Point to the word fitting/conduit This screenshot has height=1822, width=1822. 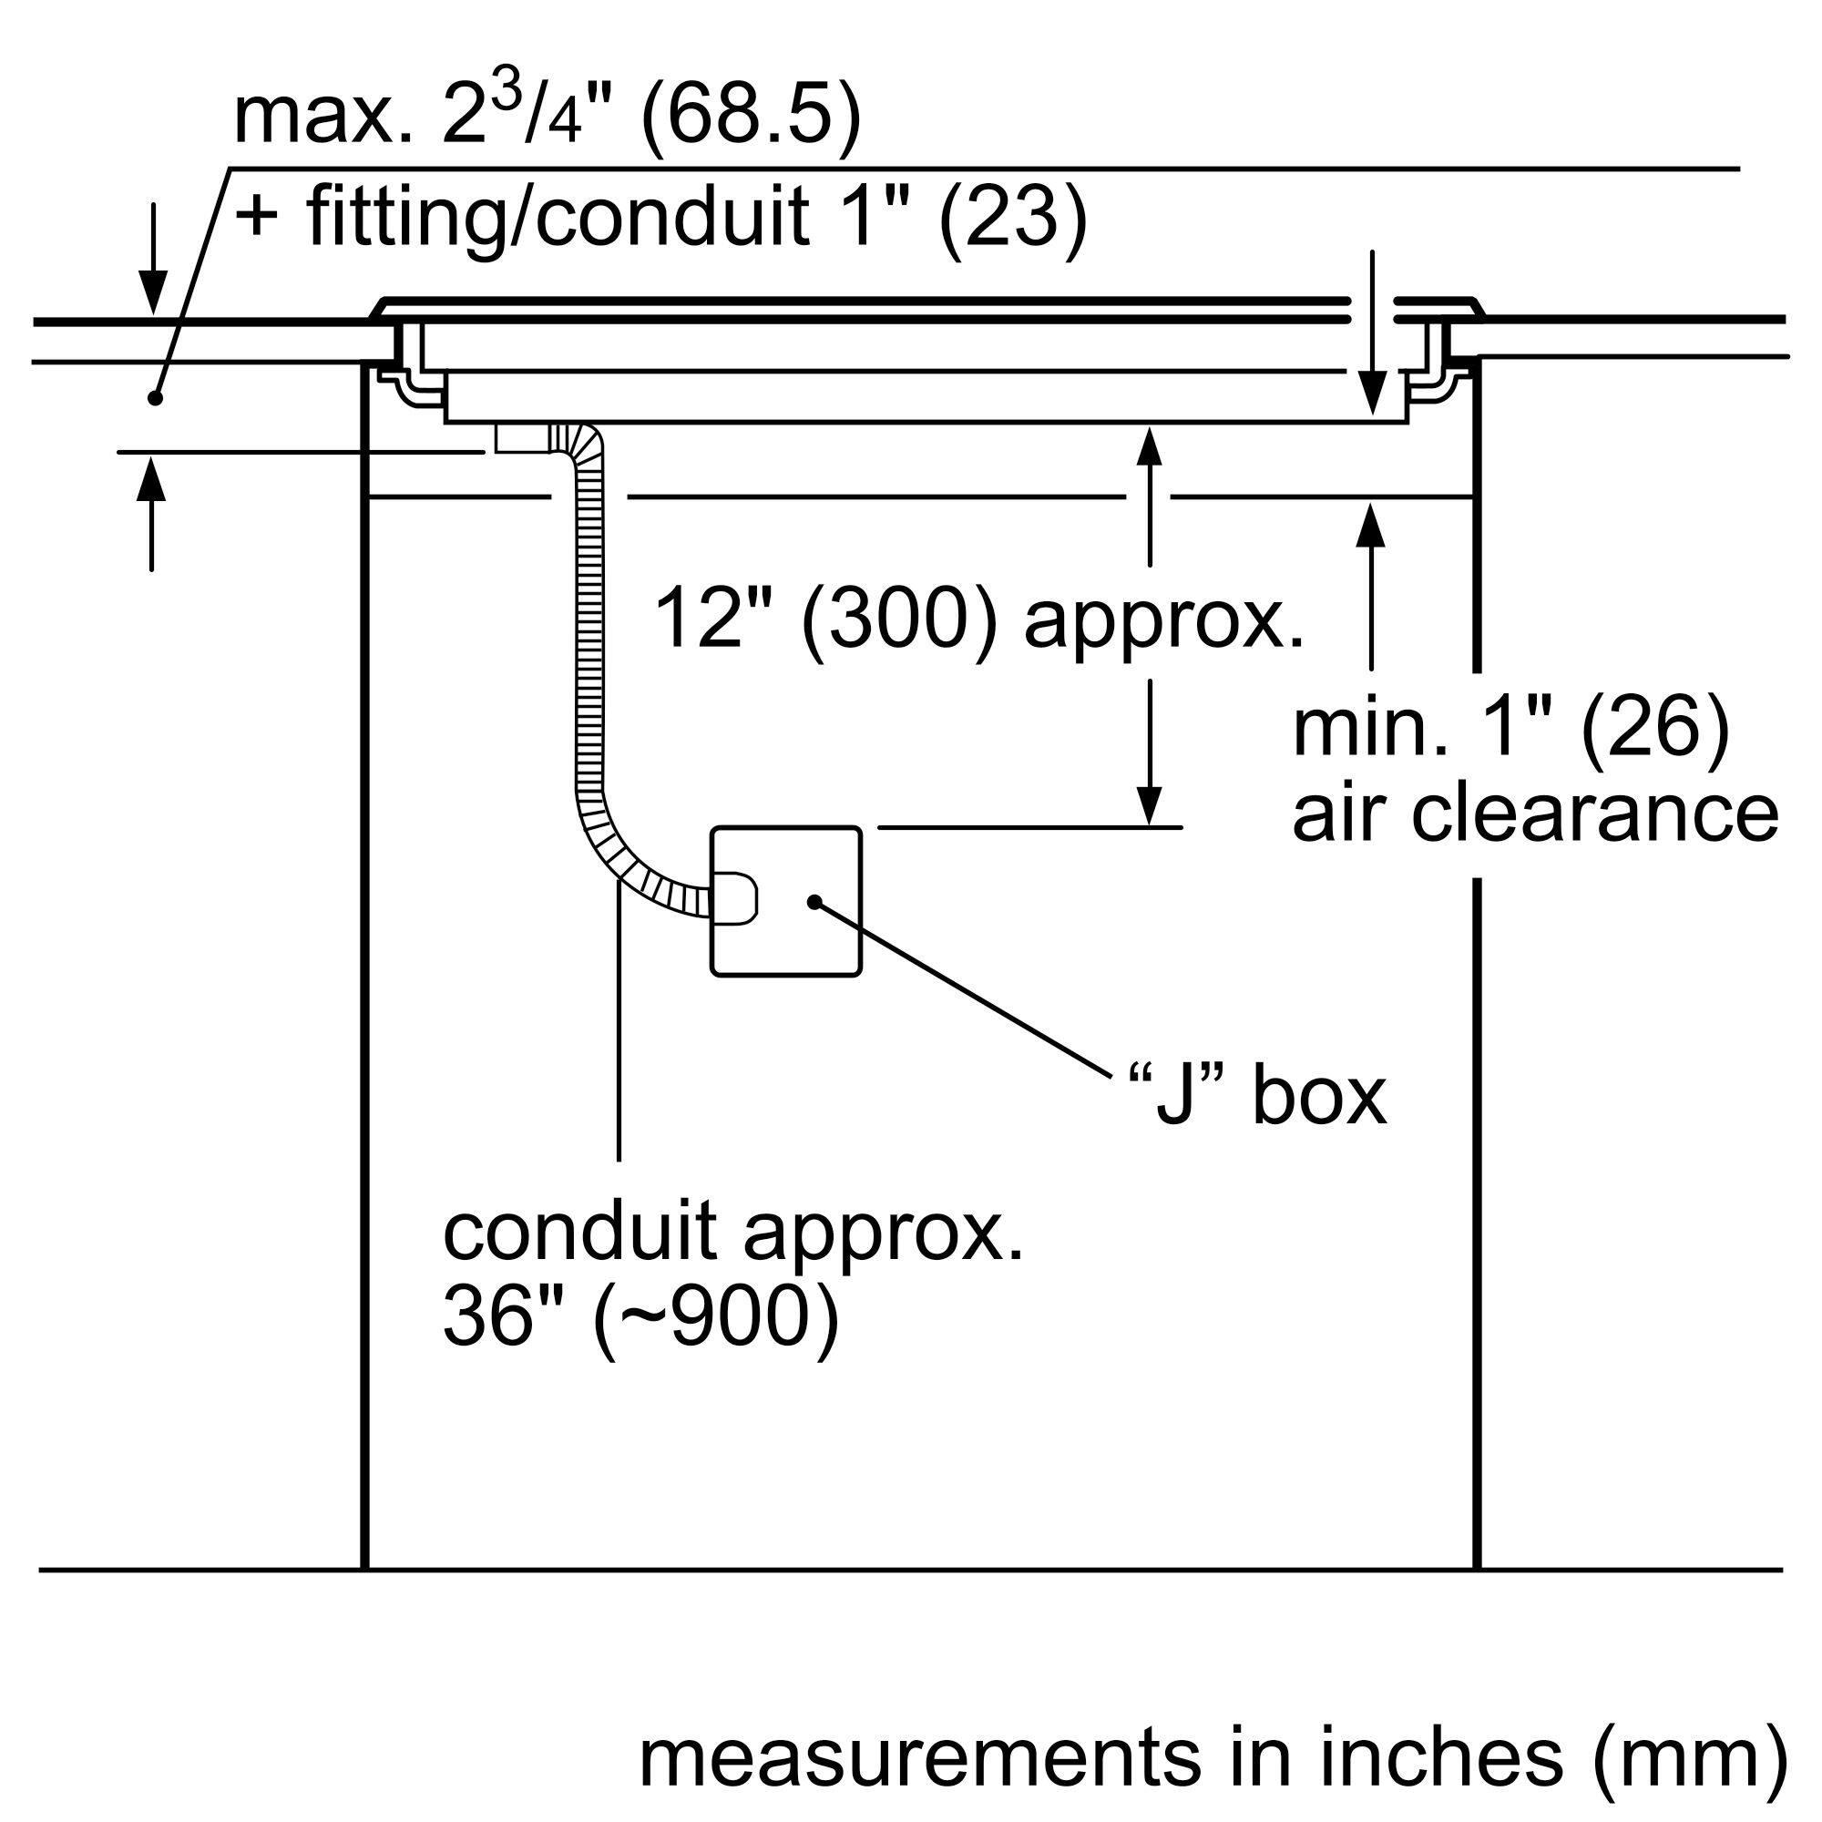click(x=557, y=216)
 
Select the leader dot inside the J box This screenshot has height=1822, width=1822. click(x=813, y=902)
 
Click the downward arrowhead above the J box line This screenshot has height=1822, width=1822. click(x=1149, y=806)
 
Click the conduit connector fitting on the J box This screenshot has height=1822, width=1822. click(x=732, y=896)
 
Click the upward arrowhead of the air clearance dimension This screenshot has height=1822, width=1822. click(x=1371, y=525)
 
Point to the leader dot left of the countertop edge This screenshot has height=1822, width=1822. click(x=156, y=399)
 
